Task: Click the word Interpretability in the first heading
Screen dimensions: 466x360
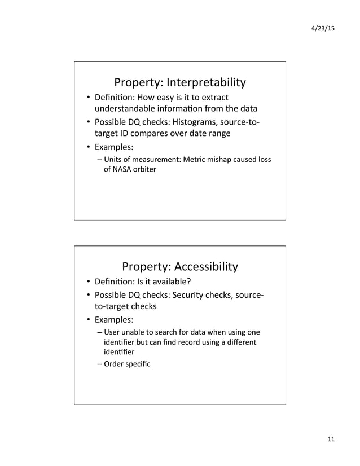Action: pos(206,83)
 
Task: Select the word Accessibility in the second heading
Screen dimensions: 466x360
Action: pos(205,266)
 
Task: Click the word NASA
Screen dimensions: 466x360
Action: pos(124,169)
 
